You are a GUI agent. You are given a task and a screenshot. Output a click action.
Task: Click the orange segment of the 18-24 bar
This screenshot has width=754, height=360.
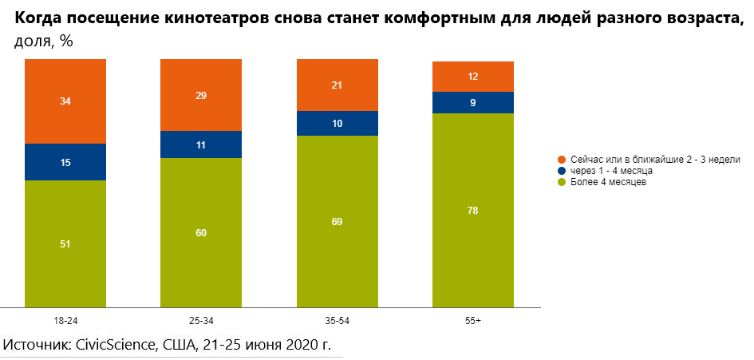click(65, 101)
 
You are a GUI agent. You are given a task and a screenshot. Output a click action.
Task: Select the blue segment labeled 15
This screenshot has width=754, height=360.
click(65, 162)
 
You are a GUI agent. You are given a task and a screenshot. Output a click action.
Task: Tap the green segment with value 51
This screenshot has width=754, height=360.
click(65, 243)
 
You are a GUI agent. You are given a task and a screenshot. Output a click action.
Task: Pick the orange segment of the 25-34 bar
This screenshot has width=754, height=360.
click(201, 95)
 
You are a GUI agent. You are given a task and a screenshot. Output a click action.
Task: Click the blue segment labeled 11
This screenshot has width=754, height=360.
click(201, 144)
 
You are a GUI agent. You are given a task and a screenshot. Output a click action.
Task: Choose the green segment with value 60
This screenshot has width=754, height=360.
click(201, 232)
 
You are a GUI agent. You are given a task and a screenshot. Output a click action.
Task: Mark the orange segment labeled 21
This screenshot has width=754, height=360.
click(337, 85)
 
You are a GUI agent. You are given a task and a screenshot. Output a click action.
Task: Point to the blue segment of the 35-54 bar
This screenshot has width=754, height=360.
click(337, 124)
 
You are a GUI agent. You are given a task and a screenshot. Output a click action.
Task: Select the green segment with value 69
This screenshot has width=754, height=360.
click(337, 221)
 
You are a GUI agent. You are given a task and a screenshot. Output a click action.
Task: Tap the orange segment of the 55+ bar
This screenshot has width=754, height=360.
click(472, 77)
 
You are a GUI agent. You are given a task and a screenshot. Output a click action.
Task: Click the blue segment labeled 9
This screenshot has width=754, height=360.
click(472, 102)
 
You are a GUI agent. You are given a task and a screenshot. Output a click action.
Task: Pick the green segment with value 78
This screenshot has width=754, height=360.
click(472, 210)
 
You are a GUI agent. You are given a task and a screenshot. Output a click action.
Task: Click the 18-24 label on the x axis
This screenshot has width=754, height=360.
click(65, 320)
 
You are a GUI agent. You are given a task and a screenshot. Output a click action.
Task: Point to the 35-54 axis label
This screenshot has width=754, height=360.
click(337, 320)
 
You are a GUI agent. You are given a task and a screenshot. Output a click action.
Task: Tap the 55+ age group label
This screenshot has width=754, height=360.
click(472, 320)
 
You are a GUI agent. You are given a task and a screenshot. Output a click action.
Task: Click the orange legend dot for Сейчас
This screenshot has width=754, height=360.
click(562, 160)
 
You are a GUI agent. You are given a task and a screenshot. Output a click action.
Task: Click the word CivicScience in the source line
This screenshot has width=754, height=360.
click(115, 345)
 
